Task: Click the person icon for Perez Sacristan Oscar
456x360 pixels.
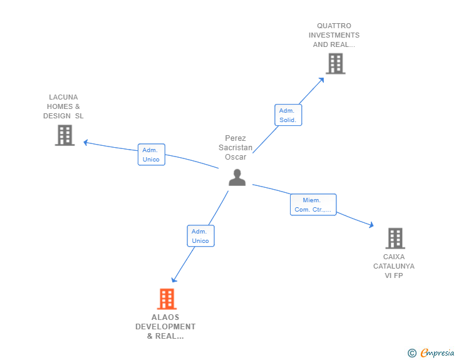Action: [237, 178]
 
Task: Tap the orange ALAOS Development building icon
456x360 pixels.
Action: [166, 299]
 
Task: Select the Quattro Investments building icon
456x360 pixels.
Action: [335, 64]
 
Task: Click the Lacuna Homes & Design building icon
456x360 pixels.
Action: [65, 135]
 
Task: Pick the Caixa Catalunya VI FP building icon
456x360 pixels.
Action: [395, 239]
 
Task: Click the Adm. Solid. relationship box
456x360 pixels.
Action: [288, 115]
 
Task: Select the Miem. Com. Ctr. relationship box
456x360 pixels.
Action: [313, 205]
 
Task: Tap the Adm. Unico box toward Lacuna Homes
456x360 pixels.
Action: [151, 155]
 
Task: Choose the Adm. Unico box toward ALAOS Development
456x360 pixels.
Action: [200, 236]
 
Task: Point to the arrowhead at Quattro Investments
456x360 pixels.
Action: [321, 80]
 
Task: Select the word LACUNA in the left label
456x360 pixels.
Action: [63, 97]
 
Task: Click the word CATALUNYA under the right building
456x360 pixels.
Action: [394, 266]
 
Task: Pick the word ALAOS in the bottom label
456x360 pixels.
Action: [165, 317]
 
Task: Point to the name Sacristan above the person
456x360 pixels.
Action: [236, 148]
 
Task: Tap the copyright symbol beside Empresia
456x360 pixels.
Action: [412, 354]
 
